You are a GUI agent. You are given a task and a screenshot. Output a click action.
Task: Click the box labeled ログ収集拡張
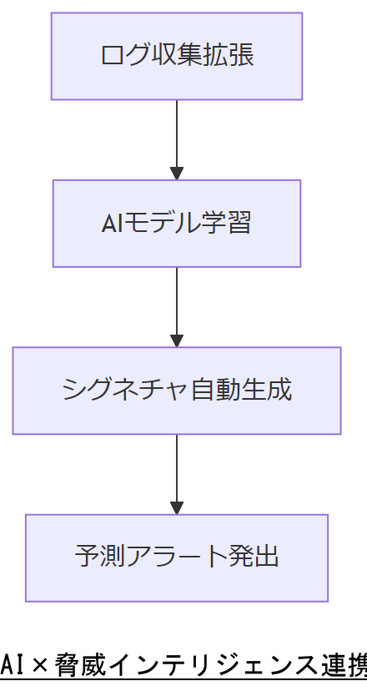(x=176, y=56)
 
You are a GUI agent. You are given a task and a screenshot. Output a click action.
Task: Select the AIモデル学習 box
(x=176, y=224)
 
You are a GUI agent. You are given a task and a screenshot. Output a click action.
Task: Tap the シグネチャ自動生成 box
(x=176, y=391)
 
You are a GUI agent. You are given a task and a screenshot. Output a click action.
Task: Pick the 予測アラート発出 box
(x=176, y=557)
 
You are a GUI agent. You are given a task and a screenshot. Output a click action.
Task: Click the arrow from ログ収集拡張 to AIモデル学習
(x=176, y=134)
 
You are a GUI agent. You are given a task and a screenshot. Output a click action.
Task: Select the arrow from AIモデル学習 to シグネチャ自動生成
(x=176, y=300)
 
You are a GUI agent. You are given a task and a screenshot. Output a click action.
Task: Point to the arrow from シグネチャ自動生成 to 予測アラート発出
(x=176, y=467)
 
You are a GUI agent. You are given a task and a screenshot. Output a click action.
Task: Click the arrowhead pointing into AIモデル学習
(x=176, y=174)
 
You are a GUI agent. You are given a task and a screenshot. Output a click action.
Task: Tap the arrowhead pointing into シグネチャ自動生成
(x=176, y=340)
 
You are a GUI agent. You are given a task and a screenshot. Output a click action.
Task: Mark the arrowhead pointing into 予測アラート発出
(x=176, y=507)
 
